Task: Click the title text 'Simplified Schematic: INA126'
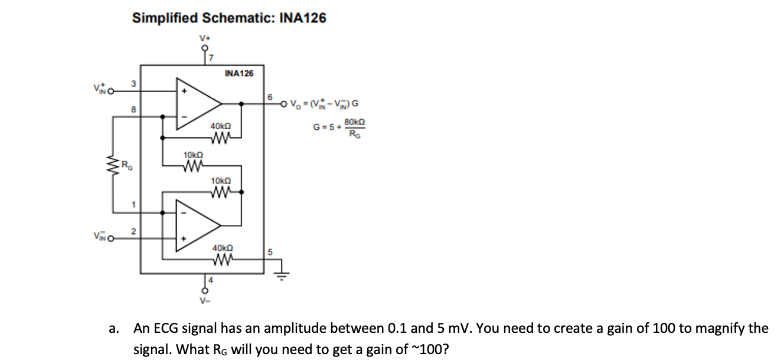click(229, 18)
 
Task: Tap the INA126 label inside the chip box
click(239, 74)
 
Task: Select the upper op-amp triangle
click(198, 104)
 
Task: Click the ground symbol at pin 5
click(282, 274)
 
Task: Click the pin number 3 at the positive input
click(133, 84)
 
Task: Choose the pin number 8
click(133, 109)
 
